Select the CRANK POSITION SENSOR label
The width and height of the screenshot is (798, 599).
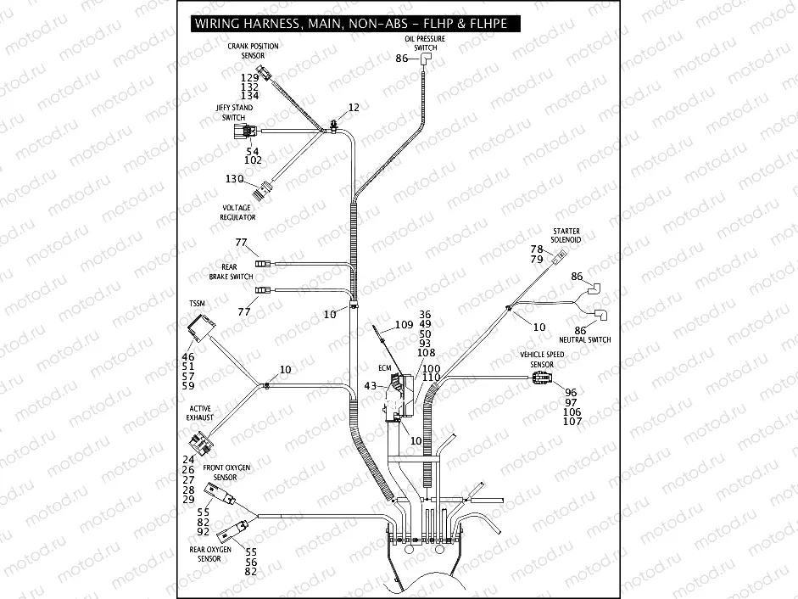(253, 51)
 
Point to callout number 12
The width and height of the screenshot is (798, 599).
(354, 108)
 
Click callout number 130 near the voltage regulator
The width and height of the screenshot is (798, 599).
(234, 179)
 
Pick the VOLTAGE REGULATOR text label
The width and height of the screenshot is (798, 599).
(237, 213)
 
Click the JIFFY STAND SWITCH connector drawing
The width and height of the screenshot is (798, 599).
(248, 132)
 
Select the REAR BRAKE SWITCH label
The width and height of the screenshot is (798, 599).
(231, 272)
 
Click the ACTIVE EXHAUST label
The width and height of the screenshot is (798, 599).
(201, 413)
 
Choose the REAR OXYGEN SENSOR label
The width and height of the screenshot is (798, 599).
(210, 554)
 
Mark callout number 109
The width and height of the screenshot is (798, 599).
(404, 325)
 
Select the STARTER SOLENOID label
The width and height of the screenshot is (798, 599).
(566, 235)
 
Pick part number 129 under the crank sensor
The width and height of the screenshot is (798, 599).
(249, 78)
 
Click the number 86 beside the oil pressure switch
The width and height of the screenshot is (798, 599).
(402, 59)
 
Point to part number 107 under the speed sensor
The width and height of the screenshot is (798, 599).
(573, 422)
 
